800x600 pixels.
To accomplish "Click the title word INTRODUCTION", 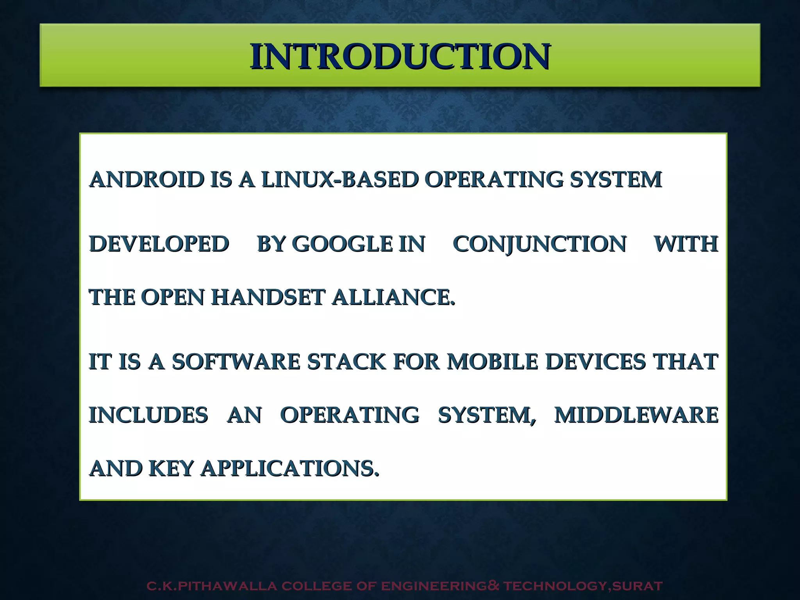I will pyautogui.click(x=400, y=57).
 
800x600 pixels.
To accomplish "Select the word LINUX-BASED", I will pyautogui.click(x=339, y=180).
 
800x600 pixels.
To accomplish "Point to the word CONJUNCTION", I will pyautogui.click(x=539, y=244).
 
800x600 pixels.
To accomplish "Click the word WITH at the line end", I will pyautogui.click(x=686, y=244).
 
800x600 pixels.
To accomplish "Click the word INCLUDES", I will pyautogui.click(x=148, y=415).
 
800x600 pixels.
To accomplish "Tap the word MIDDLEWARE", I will pyautogui.click(x=636, y=415).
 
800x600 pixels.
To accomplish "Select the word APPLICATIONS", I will pyautogui.click(x=289, y=468).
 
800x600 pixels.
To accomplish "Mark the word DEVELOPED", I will pyautogui.click(x=159, y=244).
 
